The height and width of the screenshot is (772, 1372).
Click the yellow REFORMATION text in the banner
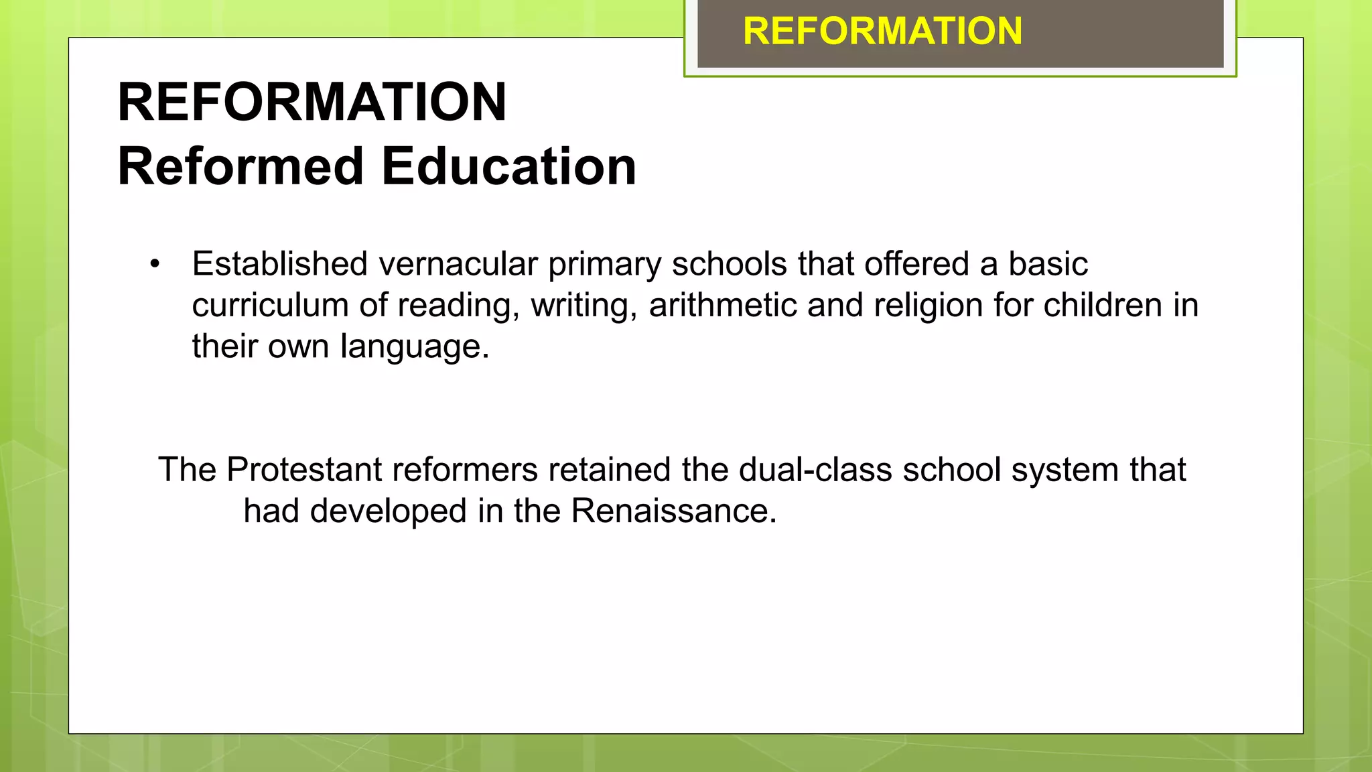pyautogui.click(x=882, y=31)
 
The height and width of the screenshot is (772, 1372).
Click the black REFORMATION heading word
pyautogui.click(x=312, y=102)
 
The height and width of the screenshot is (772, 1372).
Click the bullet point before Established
pyautogui.click(x=155, y=264)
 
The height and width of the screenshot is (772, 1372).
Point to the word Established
pyautogui.click(x=279, y=264)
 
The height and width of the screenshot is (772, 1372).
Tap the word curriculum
pyautogui.click(x=270, y=306)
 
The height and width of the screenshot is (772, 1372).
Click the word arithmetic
pyautogui.click(x=722, y=306)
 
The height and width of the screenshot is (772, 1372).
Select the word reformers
pyautogui.click(x=465, y=470)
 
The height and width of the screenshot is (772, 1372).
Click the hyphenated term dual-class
pyautogui.click(x=815, y=470)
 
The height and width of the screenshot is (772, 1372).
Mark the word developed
pyautogui.click(x=388, y=512)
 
